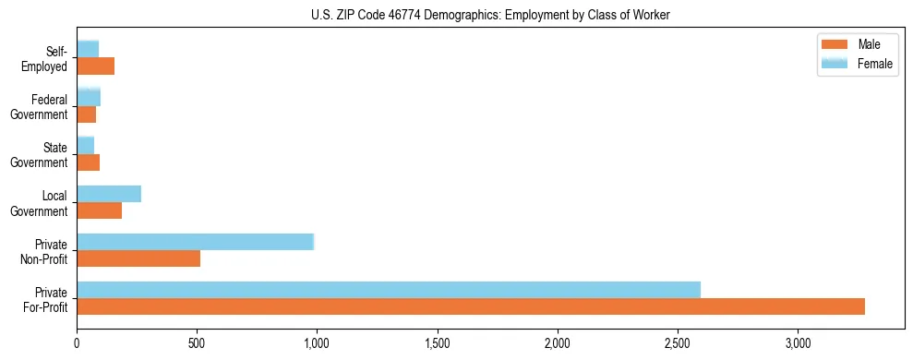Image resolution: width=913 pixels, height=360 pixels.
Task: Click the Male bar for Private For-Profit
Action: coord(471,306)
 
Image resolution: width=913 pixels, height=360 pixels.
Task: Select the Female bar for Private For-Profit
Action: coord(389,289)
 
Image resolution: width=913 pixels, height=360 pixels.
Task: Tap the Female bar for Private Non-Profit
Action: coord(196,242)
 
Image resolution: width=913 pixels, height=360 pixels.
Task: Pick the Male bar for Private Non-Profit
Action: coord(138,258)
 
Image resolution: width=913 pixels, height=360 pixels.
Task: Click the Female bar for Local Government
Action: coord(109,194)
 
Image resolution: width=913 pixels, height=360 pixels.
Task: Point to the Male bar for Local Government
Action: coord(100,210)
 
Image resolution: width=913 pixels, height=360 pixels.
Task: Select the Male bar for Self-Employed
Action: coord(96,66)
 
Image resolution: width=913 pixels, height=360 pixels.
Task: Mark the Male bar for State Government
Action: coord(89,162)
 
